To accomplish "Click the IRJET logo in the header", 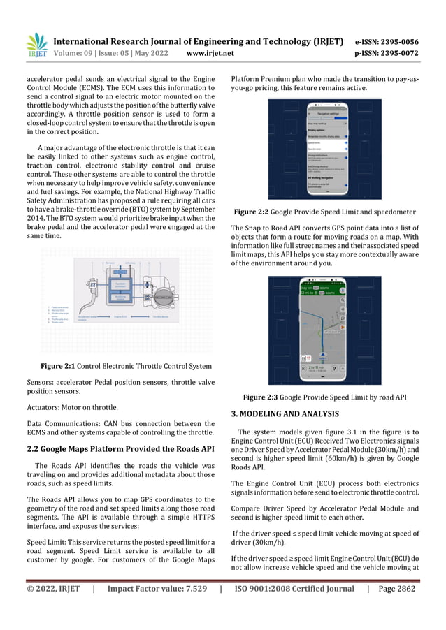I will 36,45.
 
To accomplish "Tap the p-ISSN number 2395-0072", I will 400,52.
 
